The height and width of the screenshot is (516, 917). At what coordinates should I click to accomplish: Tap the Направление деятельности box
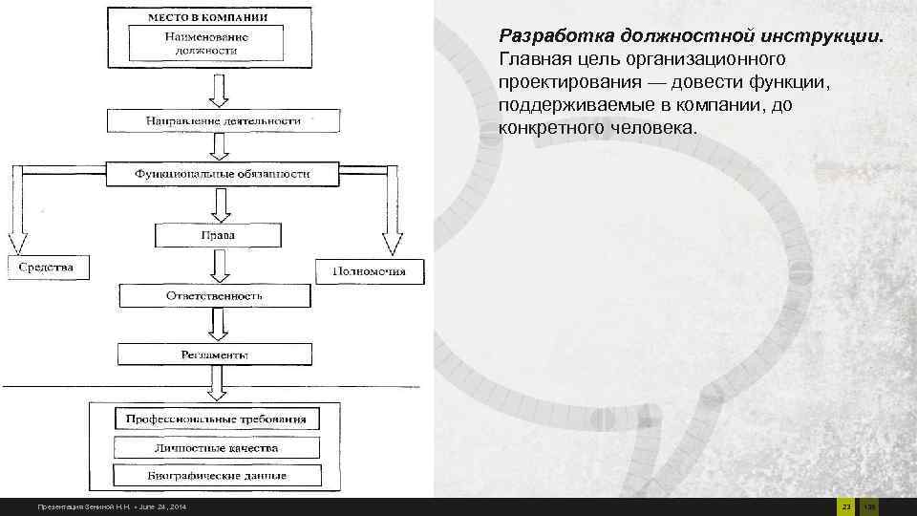(223, 121)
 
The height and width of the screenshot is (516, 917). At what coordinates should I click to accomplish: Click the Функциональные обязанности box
(222, 175)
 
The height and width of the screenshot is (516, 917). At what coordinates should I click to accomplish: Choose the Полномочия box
(368, 271)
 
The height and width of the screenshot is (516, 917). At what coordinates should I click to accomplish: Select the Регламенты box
(215, 355)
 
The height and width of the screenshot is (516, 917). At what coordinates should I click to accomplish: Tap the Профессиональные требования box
(216, 419)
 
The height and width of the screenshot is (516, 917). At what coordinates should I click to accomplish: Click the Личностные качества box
(216, 447)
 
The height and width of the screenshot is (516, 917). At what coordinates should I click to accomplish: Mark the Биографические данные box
(217, 475)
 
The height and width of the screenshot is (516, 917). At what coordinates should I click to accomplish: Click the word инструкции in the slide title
(828, 36)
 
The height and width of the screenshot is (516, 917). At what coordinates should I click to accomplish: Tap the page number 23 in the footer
(844, 505)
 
